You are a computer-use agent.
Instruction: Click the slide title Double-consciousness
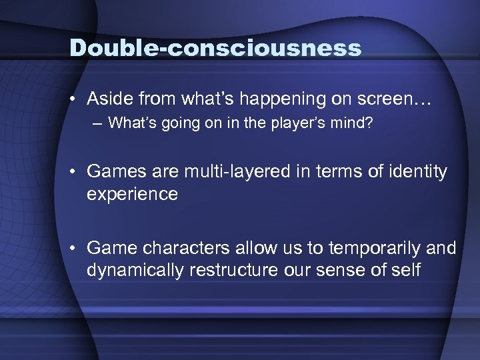[x=216, y=47]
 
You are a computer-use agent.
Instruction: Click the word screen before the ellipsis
[x=385, y=99]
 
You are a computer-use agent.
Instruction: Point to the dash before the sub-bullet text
[x=98, y=123]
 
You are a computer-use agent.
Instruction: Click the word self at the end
[x=405, y=271]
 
